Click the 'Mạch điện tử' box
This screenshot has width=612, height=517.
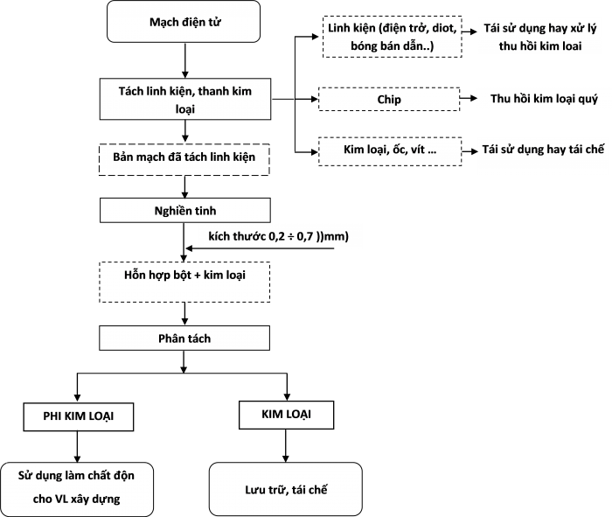point(184,22)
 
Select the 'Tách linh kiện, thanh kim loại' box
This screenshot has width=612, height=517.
point(185,99)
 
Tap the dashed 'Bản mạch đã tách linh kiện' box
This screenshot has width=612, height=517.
point(184,159)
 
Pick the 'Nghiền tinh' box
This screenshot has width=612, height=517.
point(185,211)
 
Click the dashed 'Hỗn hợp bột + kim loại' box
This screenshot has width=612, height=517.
point(184,282)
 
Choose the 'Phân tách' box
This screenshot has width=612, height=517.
point(184,339)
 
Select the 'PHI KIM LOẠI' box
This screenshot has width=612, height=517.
point(79,416)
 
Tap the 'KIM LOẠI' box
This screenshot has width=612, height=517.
point(286,415)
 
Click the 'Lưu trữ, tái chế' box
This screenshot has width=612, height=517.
point(286,489)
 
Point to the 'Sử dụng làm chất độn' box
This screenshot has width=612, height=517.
point(77,490)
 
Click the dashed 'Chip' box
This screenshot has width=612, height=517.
point(389,99)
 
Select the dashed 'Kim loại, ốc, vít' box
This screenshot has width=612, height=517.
point(390,151)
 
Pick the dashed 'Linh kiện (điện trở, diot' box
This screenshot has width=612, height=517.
point(393,37)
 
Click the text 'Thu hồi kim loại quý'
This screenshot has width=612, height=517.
point(544,99)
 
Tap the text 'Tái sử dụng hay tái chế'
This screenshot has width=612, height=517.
point(543,150)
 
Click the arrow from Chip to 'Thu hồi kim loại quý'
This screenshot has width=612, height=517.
point(469,98)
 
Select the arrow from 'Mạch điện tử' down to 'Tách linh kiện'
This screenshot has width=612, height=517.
point(185,60)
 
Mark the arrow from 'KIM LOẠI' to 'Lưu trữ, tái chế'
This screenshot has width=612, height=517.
point(286,446)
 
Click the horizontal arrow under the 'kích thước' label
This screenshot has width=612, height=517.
point(260,248)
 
